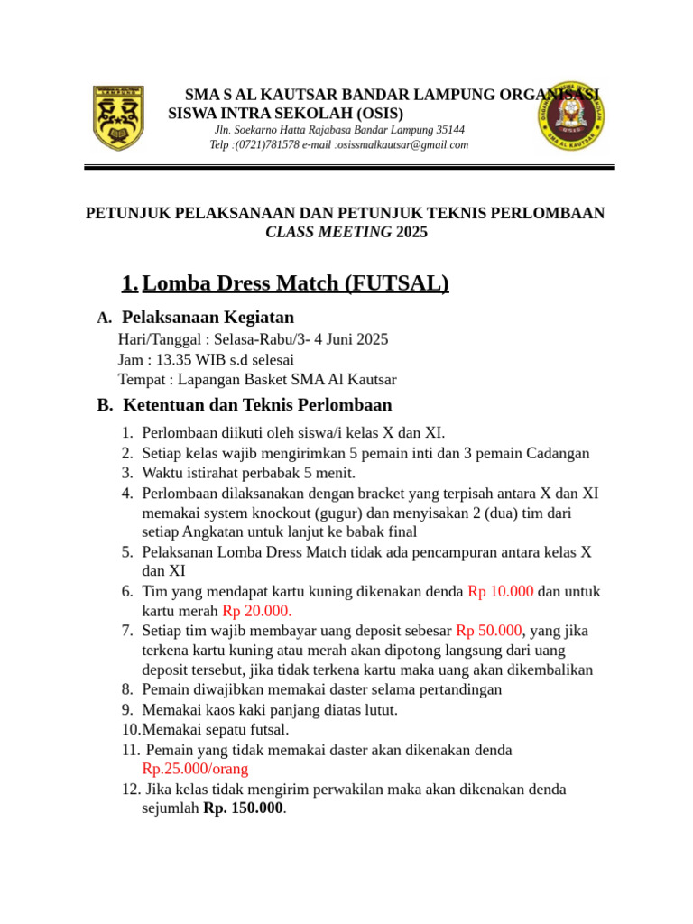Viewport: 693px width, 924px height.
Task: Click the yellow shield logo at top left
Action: pos(118,117)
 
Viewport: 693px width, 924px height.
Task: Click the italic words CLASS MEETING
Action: pos(328,232)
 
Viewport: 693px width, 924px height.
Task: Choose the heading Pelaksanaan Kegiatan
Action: pos(208,318)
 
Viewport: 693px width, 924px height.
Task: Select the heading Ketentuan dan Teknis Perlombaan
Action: pos(256,405)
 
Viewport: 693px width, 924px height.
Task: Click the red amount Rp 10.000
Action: pos(500,592)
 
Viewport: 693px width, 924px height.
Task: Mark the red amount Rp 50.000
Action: pos(489,631)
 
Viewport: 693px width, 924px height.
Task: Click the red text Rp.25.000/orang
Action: pos(195,769)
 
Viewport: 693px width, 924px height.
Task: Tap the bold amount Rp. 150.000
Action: pos(243,808)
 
